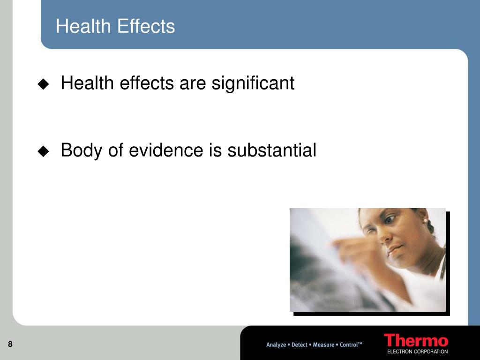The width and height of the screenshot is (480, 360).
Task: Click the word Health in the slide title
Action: click(83, 26)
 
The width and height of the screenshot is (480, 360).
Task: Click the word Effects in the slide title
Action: click(146, 26)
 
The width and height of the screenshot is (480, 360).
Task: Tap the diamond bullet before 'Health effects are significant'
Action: click(43, 84)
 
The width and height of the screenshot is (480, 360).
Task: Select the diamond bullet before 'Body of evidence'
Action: click(43, 151)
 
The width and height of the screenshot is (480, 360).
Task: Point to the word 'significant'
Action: click(253, 83)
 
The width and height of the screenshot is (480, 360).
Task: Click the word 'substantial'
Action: click(271, 150)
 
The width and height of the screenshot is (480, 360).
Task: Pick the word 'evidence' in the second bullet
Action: click(166, 150)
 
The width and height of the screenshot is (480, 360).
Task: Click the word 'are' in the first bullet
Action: click(193, 84)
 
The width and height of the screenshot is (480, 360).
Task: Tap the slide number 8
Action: click(10, 344)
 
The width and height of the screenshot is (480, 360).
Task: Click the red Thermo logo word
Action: click(416, 340)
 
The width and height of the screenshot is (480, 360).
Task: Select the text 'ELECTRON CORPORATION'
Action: click(418, 352)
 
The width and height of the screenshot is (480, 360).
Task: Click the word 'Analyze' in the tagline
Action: click(276, 345)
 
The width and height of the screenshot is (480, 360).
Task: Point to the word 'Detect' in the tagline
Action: click(300, 345)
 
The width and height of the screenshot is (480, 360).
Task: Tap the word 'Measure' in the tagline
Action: click(323, 345)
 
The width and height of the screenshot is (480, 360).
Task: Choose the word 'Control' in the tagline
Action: click(348, 345)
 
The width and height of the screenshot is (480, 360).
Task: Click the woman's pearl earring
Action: click(425, 221)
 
